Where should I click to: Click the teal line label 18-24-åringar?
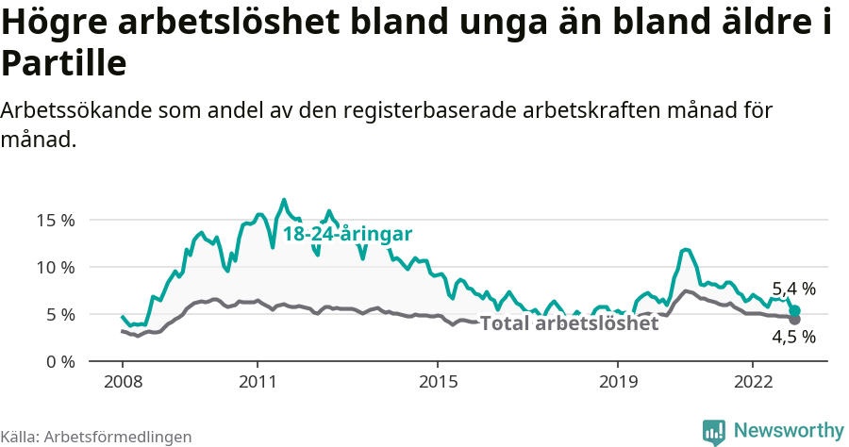pos(348,235)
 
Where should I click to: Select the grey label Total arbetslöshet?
pos(569,323)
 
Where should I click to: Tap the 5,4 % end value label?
pos(793,290)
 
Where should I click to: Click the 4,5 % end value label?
pos(793,337)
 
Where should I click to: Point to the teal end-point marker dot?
pos(794,310)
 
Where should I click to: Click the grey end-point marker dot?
pos(794,320)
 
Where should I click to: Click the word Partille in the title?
pos(63,64)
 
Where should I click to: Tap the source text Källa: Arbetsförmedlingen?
pos(96,437)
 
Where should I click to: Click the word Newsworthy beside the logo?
pos(789,431)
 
